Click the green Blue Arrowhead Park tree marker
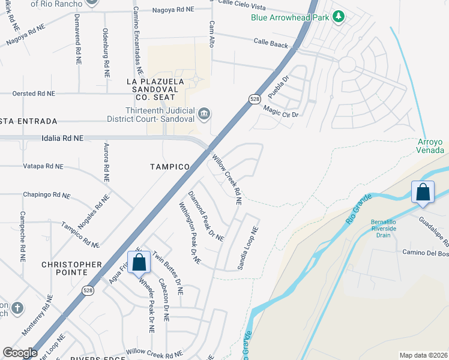point(339,17)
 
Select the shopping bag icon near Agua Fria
point(139,262)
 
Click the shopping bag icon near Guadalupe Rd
point(423,193)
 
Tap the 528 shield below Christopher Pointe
point(88,289)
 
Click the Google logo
point(20,353)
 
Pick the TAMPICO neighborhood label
point(170,166)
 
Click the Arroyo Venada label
point(430,146)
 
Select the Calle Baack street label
point(271,43)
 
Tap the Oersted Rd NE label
point(34,94)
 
